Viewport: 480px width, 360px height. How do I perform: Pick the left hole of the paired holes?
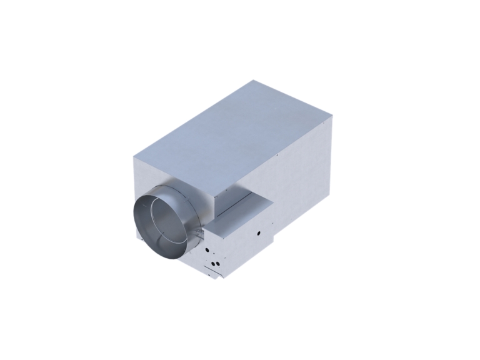coord(212,263)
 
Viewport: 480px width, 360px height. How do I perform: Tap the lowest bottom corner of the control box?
coord(216,279)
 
